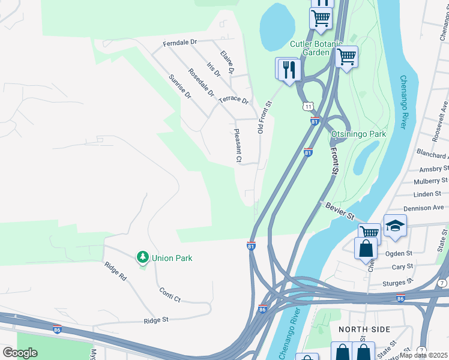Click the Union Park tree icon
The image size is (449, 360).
coord(142,257)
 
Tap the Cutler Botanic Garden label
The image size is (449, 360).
coord(316,48)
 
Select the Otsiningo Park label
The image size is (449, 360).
coord(358,134)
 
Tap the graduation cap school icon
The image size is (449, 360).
coord(395,226)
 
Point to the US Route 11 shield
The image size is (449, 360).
coord(307,106)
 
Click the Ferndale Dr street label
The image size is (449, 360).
coord(180,43)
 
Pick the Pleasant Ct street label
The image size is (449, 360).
coord(238,146)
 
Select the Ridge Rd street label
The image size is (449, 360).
coord(115,271)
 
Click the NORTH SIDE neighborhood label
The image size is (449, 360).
coord(364,329)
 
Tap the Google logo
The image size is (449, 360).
coord(20,352)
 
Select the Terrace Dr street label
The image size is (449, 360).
coord(234,100)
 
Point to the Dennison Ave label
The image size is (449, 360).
coord(429,208)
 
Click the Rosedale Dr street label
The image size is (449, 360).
coord(201,82)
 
